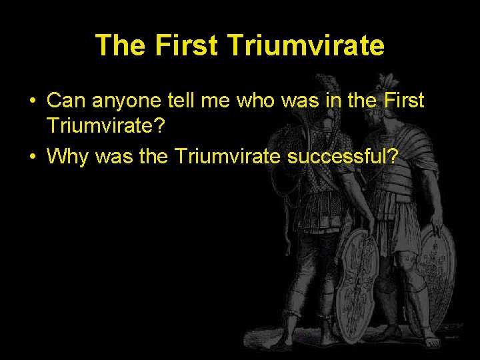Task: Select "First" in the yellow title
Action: (186, 45)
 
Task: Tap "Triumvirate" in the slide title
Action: (306, 45)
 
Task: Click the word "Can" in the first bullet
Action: (64, 101)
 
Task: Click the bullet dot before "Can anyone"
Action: (31, 102)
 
